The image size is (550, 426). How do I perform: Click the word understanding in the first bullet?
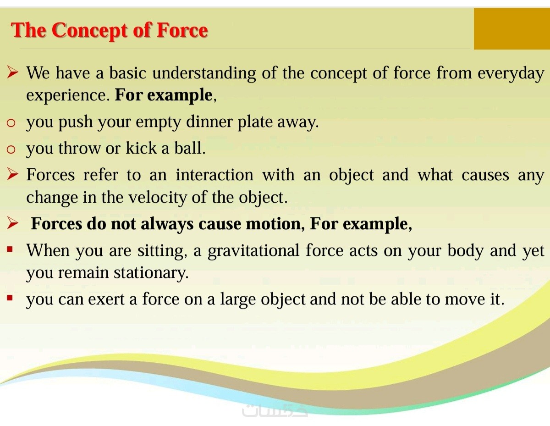click(204, 74)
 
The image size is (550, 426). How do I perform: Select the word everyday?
click(511, 74)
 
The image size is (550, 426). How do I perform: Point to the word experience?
click(68, 96)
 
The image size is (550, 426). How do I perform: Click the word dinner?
click(209, 122)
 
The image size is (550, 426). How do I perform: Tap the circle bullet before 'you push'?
click(11, 123)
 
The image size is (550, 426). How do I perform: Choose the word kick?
click(141, 148)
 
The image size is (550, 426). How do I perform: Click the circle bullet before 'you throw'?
click(11, 149)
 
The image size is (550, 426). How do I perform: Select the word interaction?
click(214, 175)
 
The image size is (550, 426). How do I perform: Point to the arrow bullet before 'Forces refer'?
click(13, 174)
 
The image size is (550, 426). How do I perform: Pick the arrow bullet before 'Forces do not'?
click(13, 223)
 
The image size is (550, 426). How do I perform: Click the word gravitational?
click(253, 250)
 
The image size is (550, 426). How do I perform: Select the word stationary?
click(151, 273)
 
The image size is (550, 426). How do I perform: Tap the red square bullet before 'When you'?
click(10, 249)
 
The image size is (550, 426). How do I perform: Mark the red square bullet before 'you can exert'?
click(10, 298)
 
